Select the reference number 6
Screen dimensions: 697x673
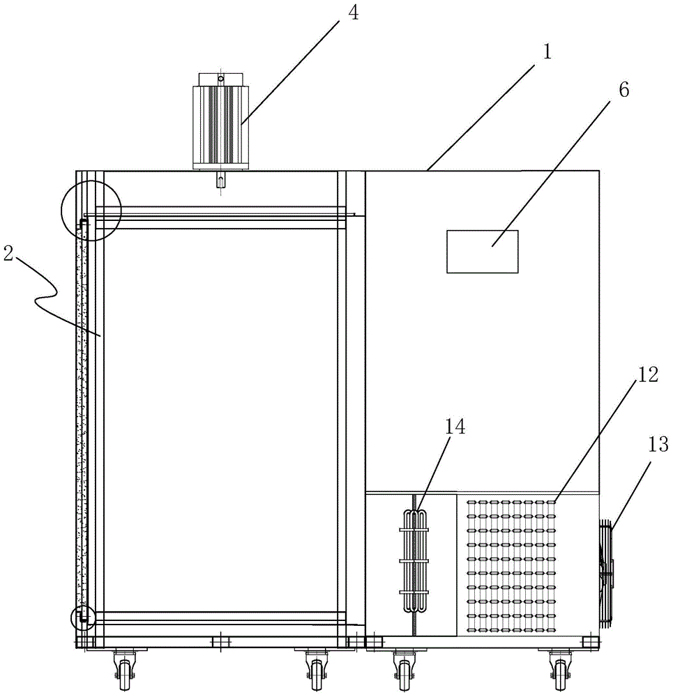[x=623, y=90]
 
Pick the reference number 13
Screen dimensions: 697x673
[x=659, y=444]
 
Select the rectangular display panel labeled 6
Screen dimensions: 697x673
[x=482, y=252]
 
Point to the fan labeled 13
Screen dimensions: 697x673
[x=606, y=562]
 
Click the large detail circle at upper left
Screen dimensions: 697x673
[x=91, y=210]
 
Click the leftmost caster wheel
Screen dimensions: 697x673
[x=125, y=669]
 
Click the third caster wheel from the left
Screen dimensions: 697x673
[x=402, y=669]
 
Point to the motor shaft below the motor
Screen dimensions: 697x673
[x=220, y=181]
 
